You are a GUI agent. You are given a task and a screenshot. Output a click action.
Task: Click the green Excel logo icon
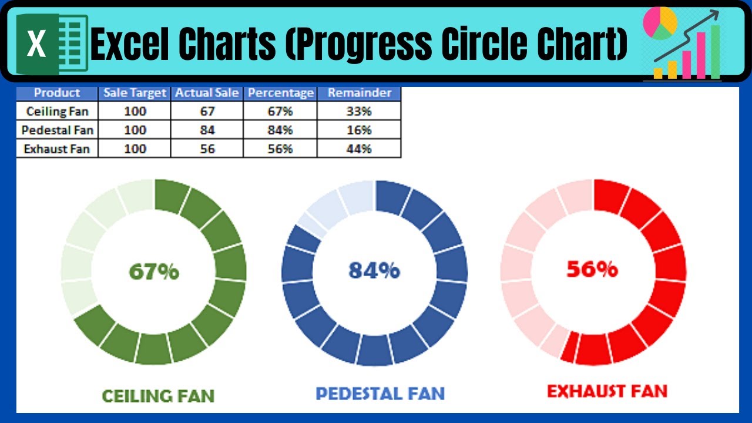(52, 43)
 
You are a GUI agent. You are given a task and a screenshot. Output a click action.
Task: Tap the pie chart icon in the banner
(660, 23)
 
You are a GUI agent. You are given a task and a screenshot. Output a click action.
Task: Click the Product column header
(57, 93)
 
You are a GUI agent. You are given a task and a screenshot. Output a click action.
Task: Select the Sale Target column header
(135, 93)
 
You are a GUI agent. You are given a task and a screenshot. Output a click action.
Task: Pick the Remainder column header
(359, 93)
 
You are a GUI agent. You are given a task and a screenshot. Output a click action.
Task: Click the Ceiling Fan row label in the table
(57, 111)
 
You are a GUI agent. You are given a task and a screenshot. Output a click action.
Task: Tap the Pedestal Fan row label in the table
(57, 130)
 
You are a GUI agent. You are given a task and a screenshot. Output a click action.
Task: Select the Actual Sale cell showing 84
(207, 130)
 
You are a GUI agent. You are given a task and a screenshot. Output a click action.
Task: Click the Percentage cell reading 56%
(280, 149)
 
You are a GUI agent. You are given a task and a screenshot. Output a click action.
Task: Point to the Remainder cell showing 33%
(359, 111)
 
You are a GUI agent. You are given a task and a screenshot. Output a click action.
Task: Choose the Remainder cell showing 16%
(359, 130)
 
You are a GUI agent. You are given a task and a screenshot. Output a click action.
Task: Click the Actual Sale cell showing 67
(207, 111)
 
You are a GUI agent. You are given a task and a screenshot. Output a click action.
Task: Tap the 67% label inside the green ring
(154, 271)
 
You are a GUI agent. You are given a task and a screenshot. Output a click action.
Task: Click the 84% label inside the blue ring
(374, 270)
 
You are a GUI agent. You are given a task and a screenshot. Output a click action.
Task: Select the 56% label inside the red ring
(592, 269)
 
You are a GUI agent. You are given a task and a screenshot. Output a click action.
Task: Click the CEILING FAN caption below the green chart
(158, 396)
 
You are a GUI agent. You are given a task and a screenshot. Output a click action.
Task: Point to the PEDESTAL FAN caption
(380, 394)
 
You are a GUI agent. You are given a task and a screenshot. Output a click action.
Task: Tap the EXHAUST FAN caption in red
(607, 391)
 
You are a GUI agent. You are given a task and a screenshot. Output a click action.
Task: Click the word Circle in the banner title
(485, 43)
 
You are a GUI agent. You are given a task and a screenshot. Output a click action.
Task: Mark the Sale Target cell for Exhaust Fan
(135, 149)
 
